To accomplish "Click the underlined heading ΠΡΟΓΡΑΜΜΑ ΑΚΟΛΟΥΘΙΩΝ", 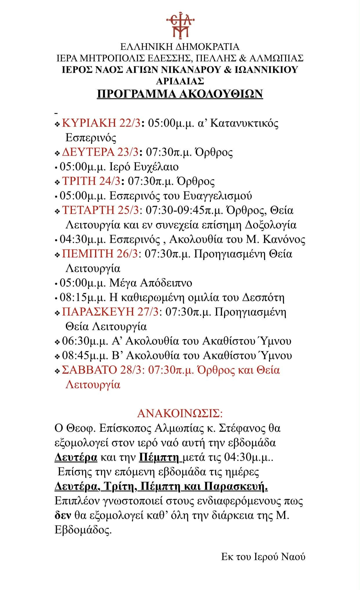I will click(180, 94).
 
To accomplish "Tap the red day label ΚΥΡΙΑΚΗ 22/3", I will click(101, 123).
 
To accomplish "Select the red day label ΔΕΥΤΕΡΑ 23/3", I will click(100, 152).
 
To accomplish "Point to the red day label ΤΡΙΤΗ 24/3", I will click(91, 181).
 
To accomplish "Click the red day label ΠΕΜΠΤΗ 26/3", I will click(100, 254).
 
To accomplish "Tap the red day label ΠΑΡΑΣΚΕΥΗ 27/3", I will click(110, 312).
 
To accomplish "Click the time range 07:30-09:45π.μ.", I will click(184, 210).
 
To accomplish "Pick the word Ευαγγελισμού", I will click(217, 196).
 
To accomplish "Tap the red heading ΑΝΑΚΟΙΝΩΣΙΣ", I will click(180, 413).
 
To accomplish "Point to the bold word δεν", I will click(63, 515).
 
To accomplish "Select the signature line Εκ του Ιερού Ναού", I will click(263, 557).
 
